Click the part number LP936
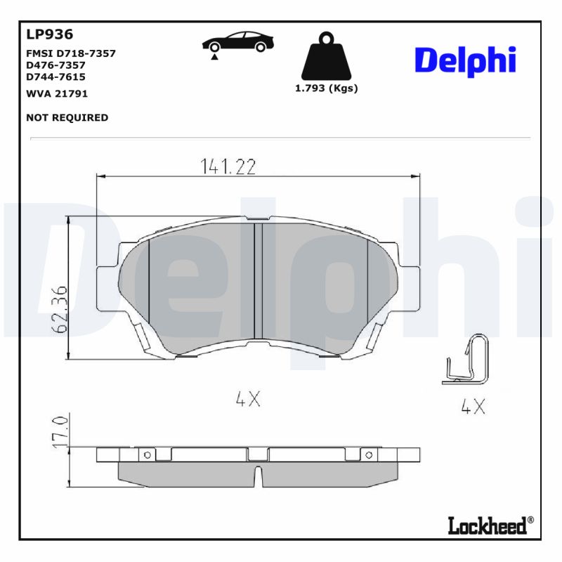tap(49, 34)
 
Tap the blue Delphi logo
tap(465, 61)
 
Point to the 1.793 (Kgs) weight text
tap(326, 89)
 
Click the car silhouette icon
tap(238, 44)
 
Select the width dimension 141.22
tap(228, 166)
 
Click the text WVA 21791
tap(57, 93)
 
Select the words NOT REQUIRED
tap(67, 117)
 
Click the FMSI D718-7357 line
tap(70, 53)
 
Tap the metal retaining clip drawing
tap(466, 359)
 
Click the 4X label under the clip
tap(473, 406)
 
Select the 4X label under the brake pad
tap(248, 399)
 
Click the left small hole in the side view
tap(148, 455)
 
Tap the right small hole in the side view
tap(367, 455)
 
